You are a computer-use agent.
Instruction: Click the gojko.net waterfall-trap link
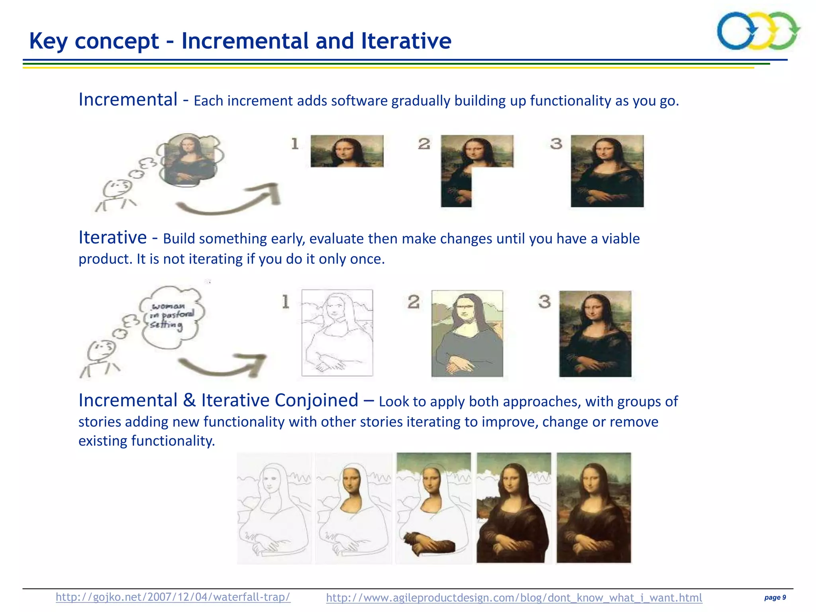coord(173,597)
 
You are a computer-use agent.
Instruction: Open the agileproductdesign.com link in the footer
coord(514,598)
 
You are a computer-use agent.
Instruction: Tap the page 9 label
coord(775,597)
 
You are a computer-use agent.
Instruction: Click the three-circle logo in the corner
coord(758,31)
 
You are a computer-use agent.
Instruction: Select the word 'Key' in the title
coord(49,41)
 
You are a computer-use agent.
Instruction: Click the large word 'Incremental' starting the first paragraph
coord(128,100)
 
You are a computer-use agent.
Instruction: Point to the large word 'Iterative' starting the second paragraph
coord(113,237)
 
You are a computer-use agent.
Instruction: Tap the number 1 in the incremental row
coord(295,143)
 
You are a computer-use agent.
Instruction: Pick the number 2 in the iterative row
coord(414,302)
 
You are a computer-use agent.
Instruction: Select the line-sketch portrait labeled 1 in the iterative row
coord(337,333)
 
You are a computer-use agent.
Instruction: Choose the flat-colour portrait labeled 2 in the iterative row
coord(467,333)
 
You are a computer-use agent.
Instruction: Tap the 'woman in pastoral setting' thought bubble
coord(171,317)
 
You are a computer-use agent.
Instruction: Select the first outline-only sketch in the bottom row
coord(274,508)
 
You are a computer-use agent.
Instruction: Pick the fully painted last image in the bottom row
coord(594,508)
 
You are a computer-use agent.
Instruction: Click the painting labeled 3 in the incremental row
coord(607,171)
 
